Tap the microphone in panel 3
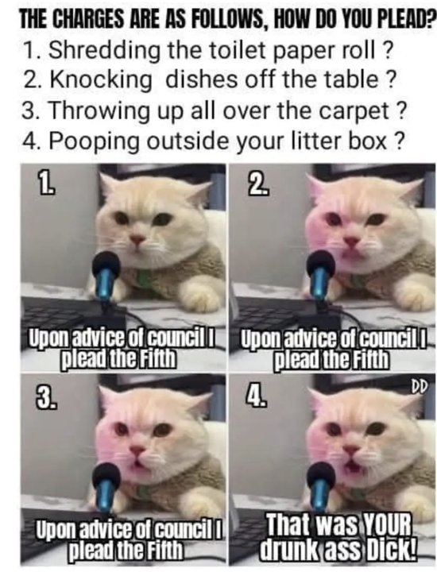107,484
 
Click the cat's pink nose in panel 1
138,240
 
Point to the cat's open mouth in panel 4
351,465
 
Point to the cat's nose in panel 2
350,241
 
